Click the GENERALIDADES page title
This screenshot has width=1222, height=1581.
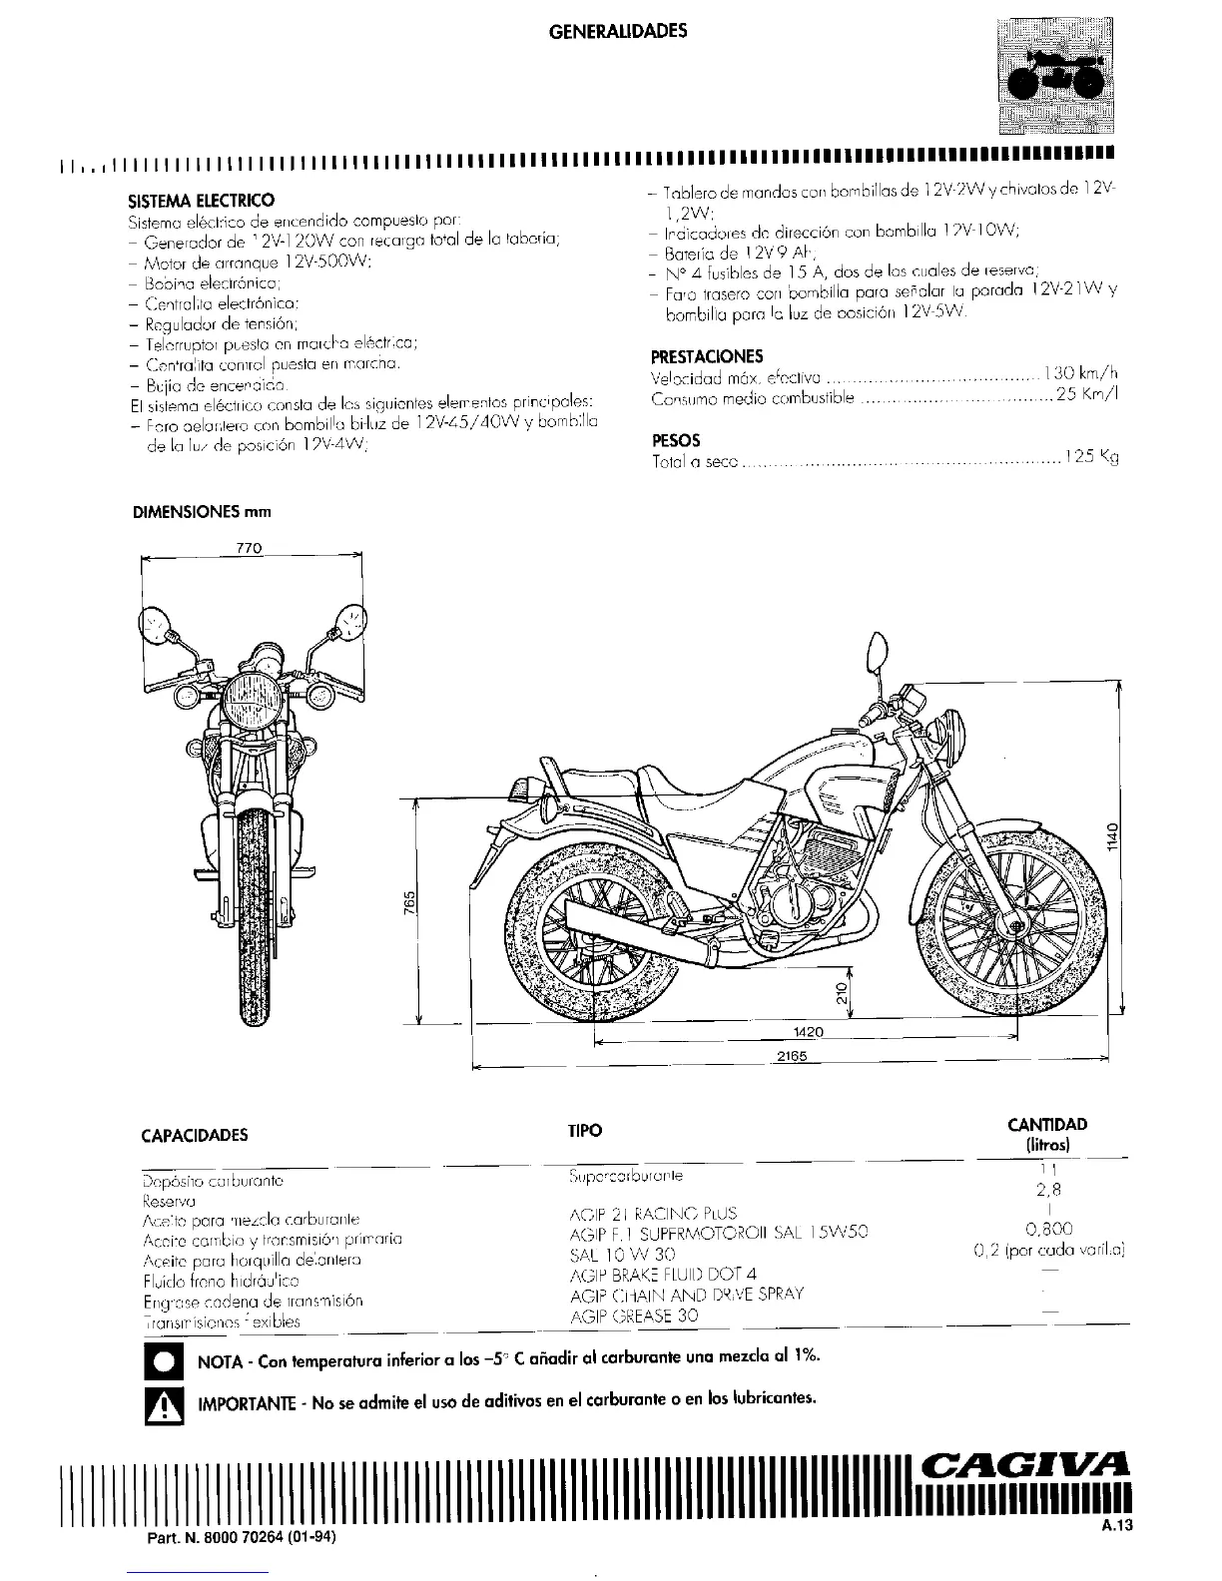click(x=619, y=31)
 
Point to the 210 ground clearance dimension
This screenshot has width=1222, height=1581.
click(x=843, y=994)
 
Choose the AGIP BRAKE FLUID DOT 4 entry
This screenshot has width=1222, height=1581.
click(x=663, y=1274)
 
